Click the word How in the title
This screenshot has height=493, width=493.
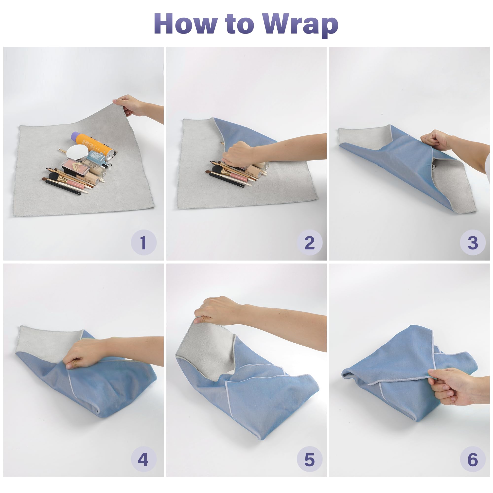186,23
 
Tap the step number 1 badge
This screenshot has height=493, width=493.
144,242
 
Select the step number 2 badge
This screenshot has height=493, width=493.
310,242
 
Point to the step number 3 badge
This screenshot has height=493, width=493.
473,242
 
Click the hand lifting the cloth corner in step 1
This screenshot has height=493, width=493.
130,105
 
